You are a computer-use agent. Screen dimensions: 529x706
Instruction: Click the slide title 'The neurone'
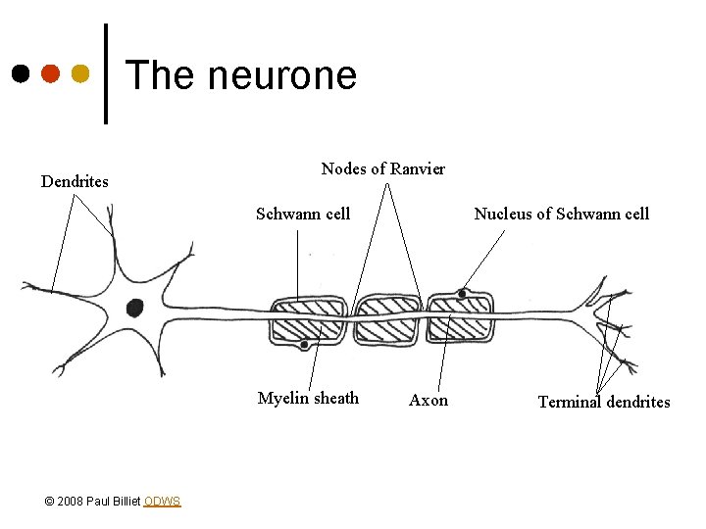(241, 75)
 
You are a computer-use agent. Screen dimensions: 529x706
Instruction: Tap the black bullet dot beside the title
(20, 73)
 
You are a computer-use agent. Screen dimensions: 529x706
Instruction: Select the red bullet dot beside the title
(50, 73)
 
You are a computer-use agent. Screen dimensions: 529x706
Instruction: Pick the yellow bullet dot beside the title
(80, 73)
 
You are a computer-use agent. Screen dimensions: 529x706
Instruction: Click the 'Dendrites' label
(75, 181)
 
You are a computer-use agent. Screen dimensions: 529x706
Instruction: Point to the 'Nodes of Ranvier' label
(382, 168)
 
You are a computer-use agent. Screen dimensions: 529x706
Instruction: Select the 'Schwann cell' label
(303, 214)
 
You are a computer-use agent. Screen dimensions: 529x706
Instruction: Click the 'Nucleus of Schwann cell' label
(561, 214)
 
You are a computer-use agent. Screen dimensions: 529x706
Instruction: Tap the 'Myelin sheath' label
(308, 398)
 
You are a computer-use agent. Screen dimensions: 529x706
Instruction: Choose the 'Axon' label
(429, 400)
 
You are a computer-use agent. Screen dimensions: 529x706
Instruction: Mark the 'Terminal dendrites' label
(604, 402)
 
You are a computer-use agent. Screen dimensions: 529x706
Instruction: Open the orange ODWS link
(162, 502)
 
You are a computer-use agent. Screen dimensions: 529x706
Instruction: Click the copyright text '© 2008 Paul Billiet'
(93, 502)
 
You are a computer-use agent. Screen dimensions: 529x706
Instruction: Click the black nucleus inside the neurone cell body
(134, 307)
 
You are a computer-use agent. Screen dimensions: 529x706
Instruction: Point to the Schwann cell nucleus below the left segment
(305, 345)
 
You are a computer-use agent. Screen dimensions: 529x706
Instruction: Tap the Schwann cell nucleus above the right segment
(462, 293)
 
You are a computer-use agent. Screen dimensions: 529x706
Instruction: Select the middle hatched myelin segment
(389, 319)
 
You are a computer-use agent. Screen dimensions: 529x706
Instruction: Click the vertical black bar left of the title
(106, 73)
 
